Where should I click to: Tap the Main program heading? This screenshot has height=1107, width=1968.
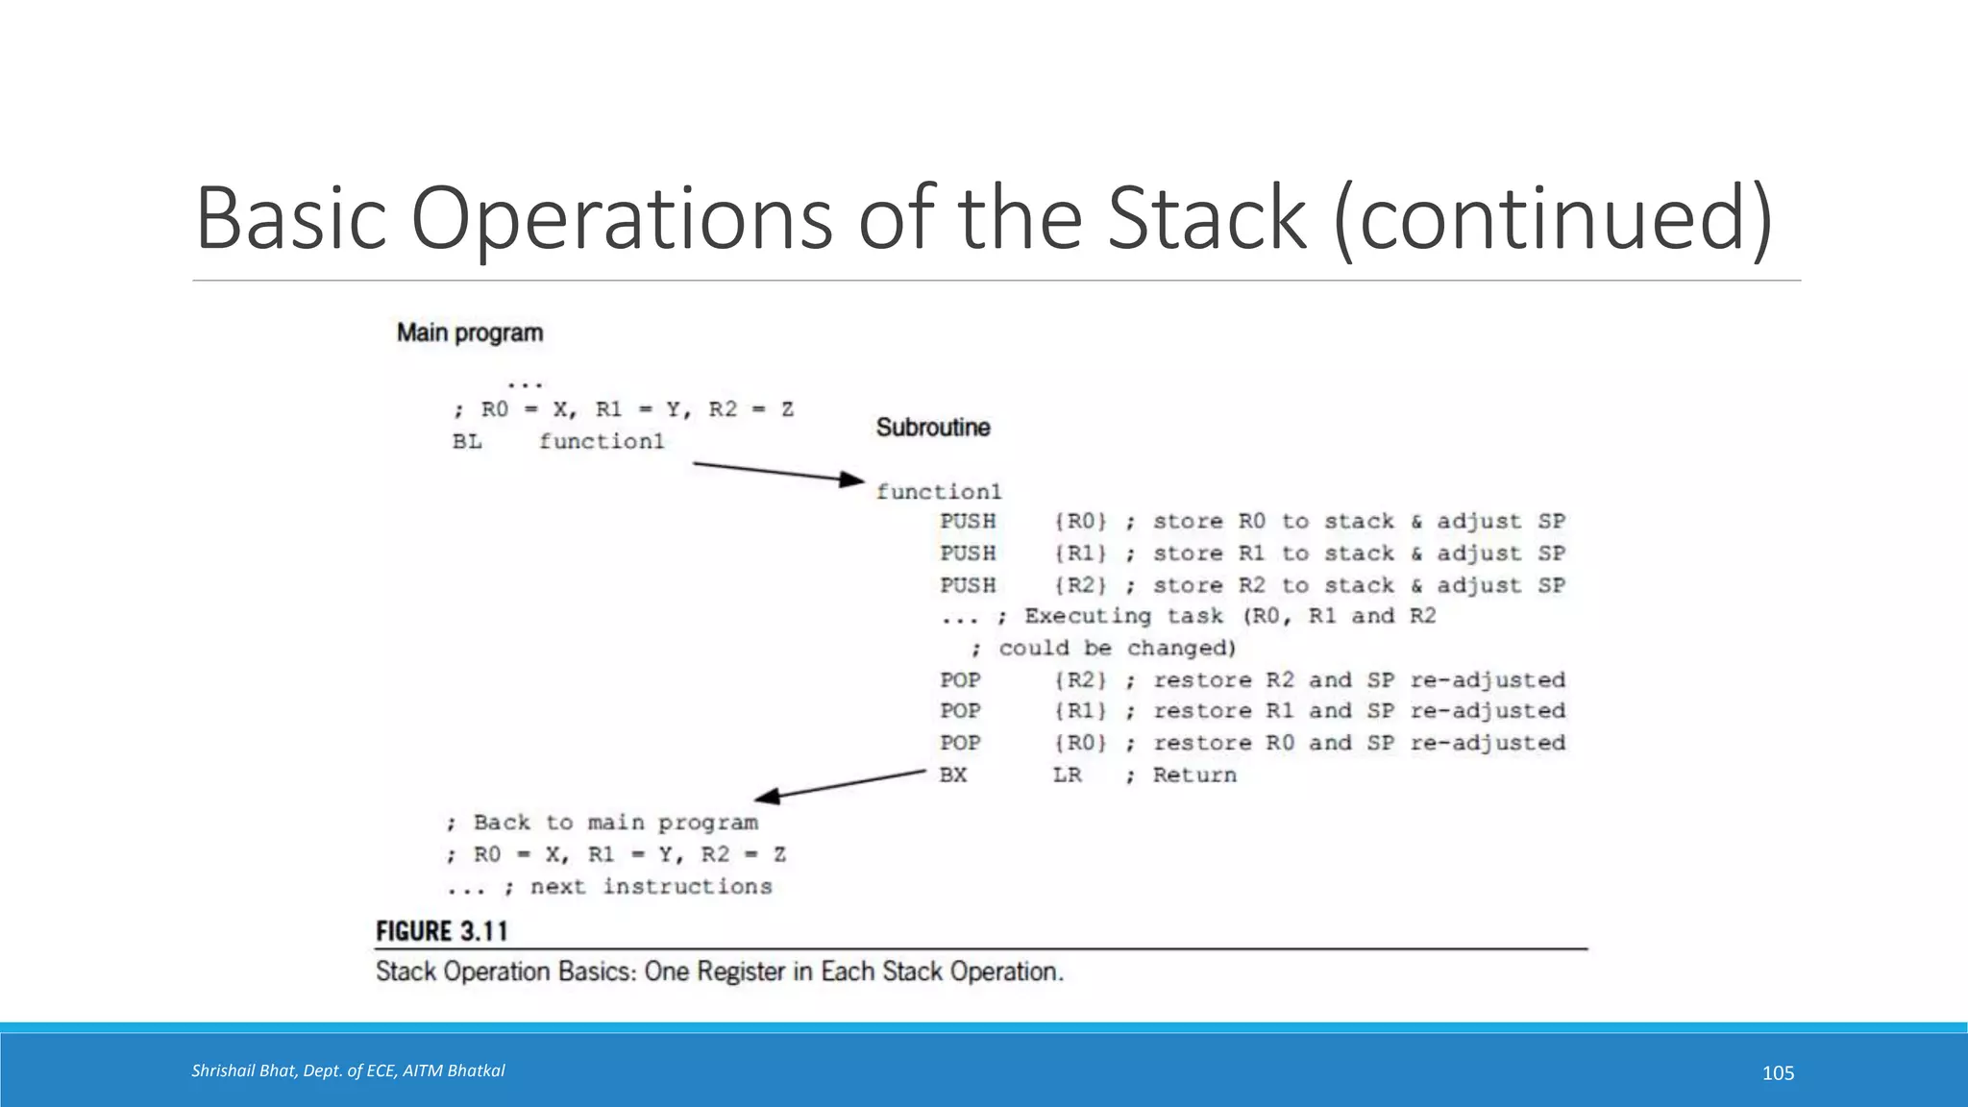tap(470, 333)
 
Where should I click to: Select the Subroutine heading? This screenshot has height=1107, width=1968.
tap(932, 428)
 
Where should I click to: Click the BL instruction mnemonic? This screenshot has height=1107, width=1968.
tap(467, 442)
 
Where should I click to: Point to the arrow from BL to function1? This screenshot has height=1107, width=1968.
tap(778, 472)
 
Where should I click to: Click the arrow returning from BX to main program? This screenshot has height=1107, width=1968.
tap(841, 784)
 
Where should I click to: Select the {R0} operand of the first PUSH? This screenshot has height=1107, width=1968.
tap(1080, 522)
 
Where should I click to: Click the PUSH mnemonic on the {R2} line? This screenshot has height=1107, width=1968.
tap(968, 585)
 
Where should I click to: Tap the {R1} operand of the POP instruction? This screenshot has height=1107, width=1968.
tap(1080, 711)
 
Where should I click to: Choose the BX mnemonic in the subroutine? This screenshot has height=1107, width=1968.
tap(953, 775)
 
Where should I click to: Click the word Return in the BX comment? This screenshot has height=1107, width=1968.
tap(1194, 775)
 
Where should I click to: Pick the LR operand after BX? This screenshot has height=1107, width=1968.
tap(1067, 775)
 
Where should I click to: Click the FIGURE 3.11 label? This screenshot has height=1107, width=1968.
tap(441, 931)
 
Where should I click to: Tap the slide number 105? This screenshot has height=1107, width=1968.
tap(1778, 1073)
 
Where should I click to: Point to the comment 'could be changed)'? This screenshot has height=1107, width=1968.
tap(1117, 649)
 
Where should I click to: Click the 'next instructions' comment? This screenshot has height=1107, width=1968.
tap(651, 887)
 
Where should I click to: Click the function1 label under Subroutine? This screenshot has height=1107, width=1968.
tap(938, 492)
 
